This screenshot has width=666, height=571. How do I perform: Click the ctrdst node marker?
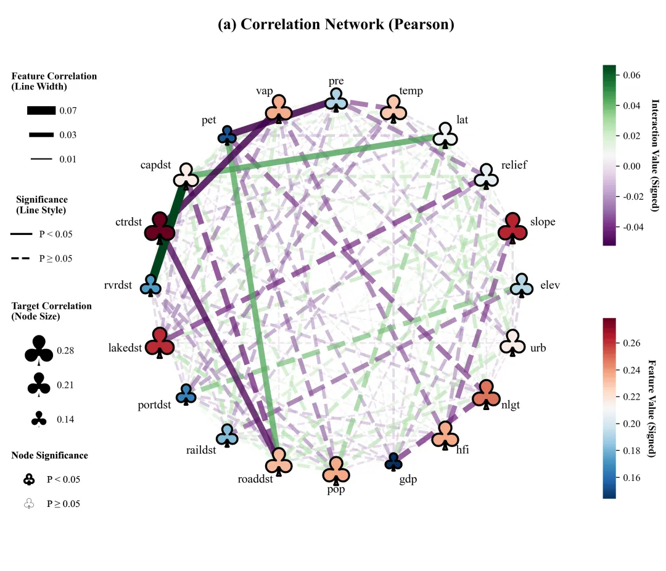(x=159, y=228)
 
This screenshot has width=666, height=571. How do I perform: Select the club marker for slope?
(x=512, y=228)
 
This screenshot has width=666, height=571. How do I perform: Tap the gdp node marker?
(x=393, y=462)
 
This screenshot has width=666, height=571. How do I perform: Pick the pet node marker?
(x=227, y=135)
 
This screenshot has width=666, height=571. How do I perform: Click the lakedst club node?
(x=159, y=342)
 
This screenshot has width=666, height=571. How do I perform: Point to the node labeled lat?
(x=445, y=135)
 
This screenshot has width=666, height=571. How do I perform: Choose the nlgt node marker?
(x=486, y=394)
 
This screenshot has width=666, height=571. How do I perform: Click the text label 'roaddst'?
(x=255, y=479)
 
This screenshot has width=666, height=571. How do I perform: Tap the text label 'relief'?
(x=514, y=165)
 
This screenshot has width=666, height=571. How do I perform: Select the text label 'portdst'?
(x=154, y=405)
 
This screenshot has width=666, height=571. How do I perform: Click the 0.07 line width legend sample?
(x=41, y=110)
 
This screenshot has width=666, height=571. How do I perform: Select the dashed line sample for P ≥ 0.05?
(x=20, y=258)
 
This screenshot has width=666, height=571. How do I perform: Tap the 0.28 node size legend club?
(x=39, y=350)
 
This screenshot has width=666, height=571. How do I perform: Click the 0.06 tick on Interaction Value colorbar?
(x=631, y=75)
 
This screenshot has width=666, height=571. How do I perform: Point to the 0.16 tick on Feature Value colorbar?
(x=631, y=477)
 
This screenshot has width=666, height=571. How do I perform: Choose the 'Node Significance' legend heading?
(x=50, y=456)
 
